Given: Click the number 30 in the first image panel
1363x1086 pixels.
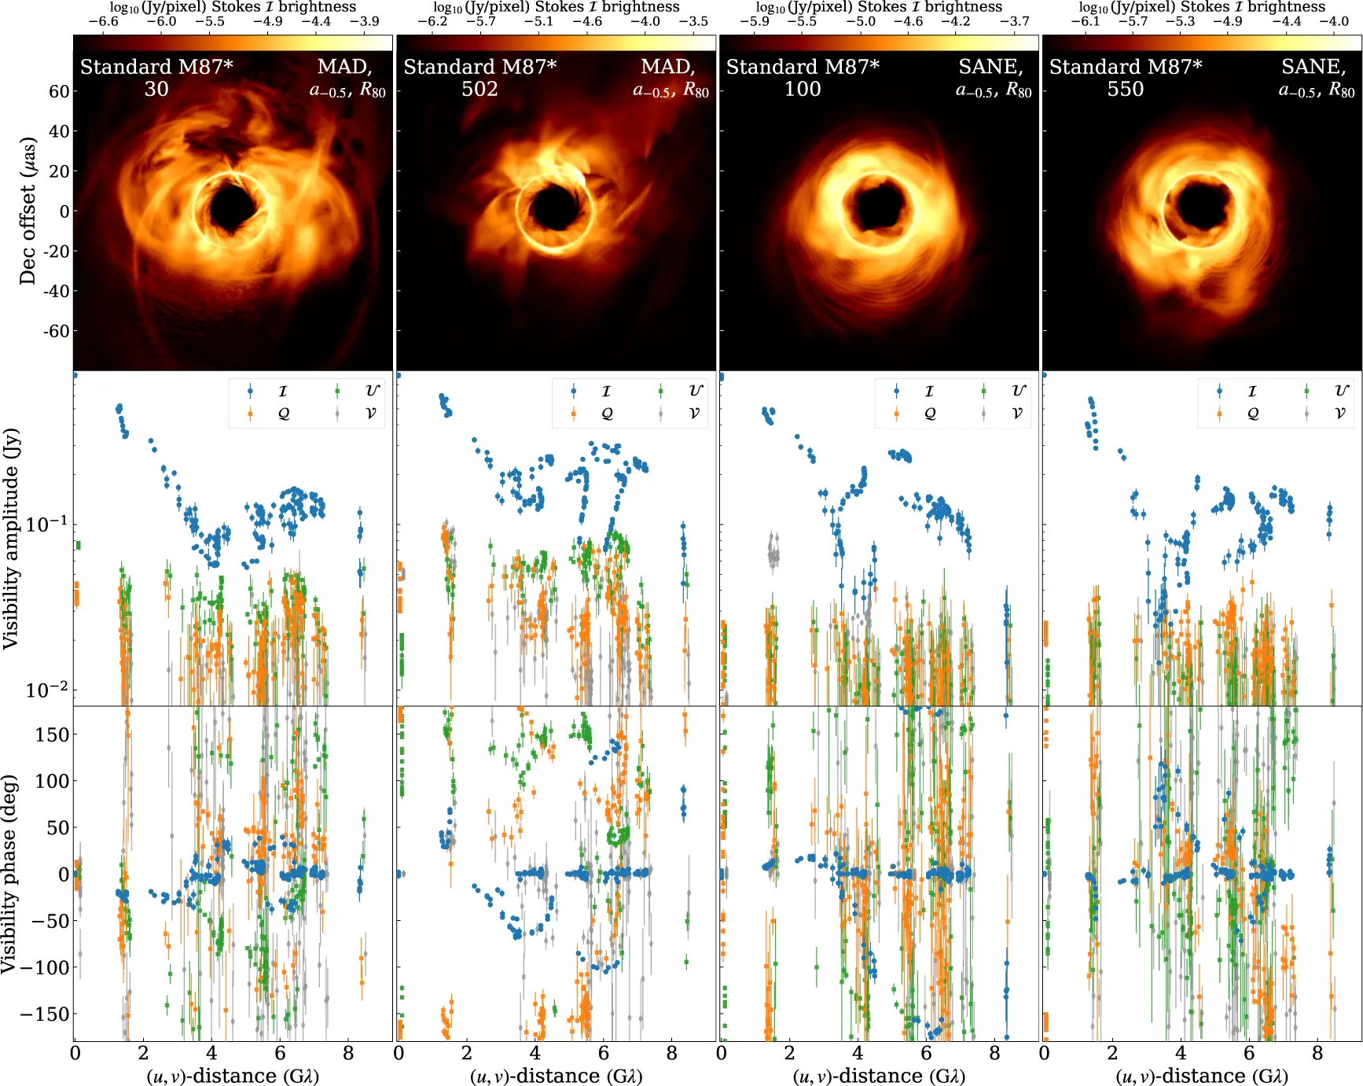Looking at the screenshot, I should (x=156, y=89).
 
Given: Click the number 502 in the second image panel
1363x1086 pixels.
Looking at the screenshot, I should (x=479, y=89).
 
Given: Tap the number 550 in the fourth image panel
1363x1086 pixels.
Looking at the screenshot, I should (x=1126, y=89).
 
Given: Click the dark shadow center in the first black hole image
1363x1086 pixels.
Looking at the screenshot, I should (x=232, y=207).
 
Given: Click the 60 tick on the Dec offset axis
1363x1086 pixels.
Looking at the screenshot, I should (x=59, y=91).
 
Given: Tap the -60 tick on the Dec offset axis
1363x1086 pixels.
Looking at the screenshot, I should (x=57, y=331).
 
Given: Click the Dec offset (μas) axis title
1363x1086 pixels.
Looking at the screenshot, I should (x=28, y=211).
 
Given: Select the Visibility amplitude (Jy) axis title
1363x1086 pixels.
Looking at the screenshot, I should (x=11, y=539).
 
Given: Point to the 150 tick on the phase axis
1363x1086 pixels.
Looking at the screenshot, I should (x=53, y=734).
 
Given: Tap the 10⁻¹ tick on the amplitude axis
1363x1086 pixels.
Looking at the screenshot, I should (x=47, y=524).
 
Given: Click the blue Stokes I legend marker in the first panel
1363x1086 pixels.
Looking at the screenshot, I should (x=250, y=391).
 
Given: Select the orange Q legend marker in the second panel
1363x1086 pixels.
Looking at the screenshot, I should (x=573, y=414).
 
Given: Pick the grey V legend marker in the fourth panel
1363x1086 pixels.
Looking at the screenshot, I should (x=1306, y=414).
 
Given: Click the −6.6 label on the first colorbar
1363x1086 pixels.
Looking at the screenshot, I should (x=103, y=22).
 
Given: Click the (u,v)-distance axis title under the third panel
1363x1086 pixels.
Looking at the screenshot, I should (x=879, y=1076).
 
